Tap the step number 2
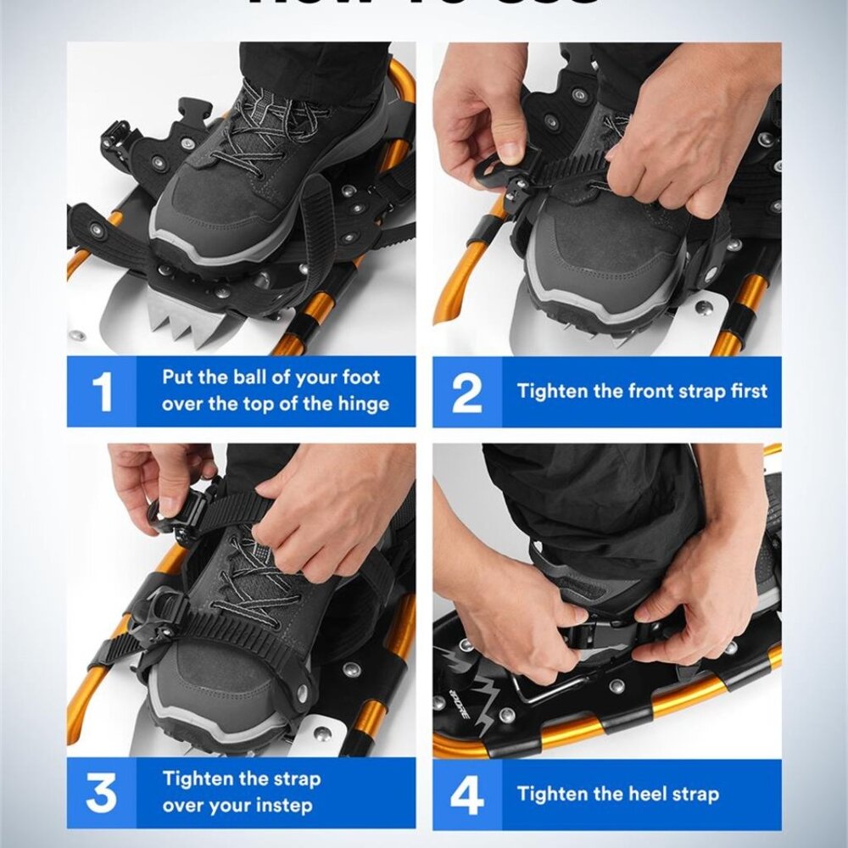466,392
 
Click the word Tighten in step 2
551,391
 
